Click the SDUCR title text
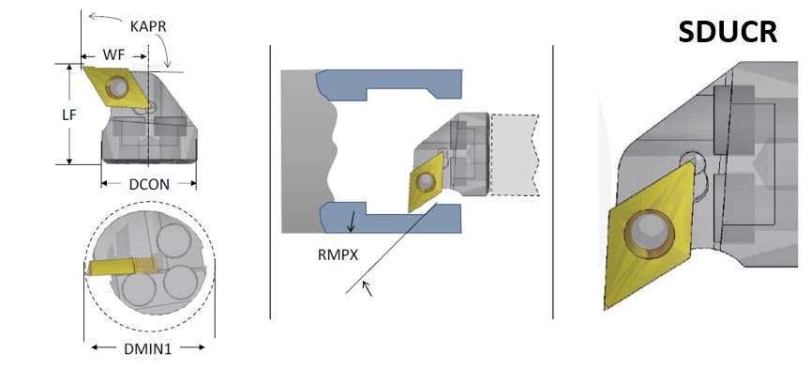pos(728,32)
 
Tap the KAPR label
pos(148,26)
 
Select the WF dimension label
pos(113,54)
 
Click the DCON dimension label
pos(149,183)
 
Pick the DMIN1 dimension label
pos(147,348)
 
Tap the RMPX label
pos(338,254)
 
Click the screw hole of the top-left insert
pos(118,87)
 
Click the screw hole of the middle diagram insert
pos(426,180)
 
